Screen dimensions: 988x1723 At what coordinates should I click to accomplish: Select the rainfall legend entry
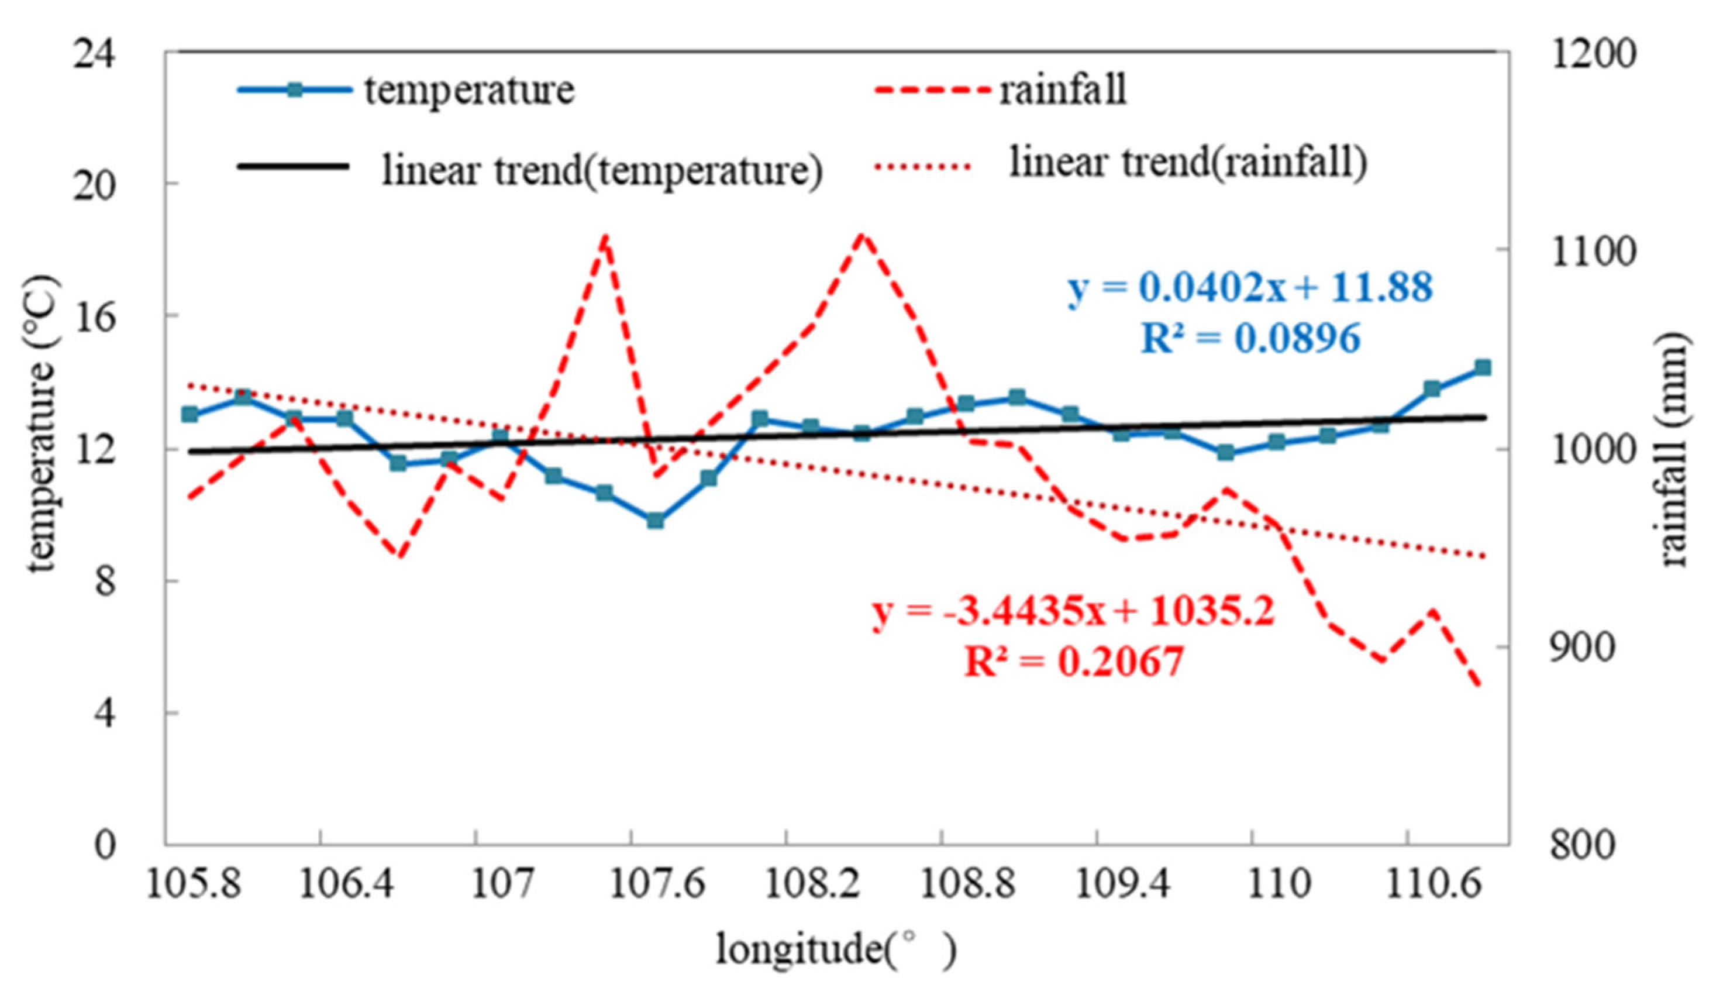(x=1062, y=89)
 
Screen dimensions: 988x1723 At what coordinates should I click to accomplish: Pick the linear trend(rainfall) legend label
(x=1188, y=162)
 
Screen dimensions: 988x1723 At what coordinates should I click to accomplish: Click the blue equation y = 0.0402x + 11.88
(x=1250, y=287)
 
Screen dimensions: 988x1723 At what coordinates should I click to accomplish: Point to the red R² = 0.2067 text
(x=1074, y=662)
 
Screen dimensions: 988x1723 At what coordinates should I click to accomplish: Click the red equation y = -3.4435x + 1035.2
(x=1074, y=611)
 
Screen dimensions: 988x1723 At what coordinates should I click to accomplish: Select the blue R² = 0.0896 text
(x=1250, y=338)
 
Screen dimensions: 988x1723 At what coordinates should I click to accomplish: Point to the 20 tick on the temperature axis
(x=94, y=185)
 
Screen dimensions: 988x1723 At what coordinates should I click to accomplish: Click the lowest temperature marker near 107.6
(x=655, y=521)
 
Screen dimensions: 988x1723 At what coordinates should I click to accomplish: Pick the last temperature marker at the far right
(x=1483, y=368)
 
